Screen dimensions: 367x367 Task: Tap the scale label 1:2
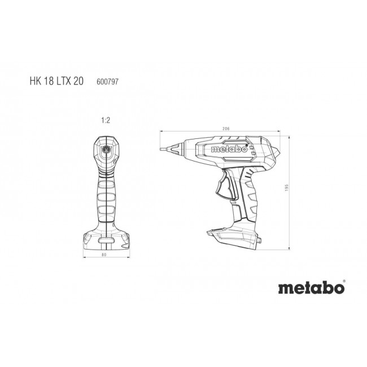tap(105, 120)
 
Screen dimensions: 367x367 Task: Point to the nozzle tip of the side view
tap(164, 147)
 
